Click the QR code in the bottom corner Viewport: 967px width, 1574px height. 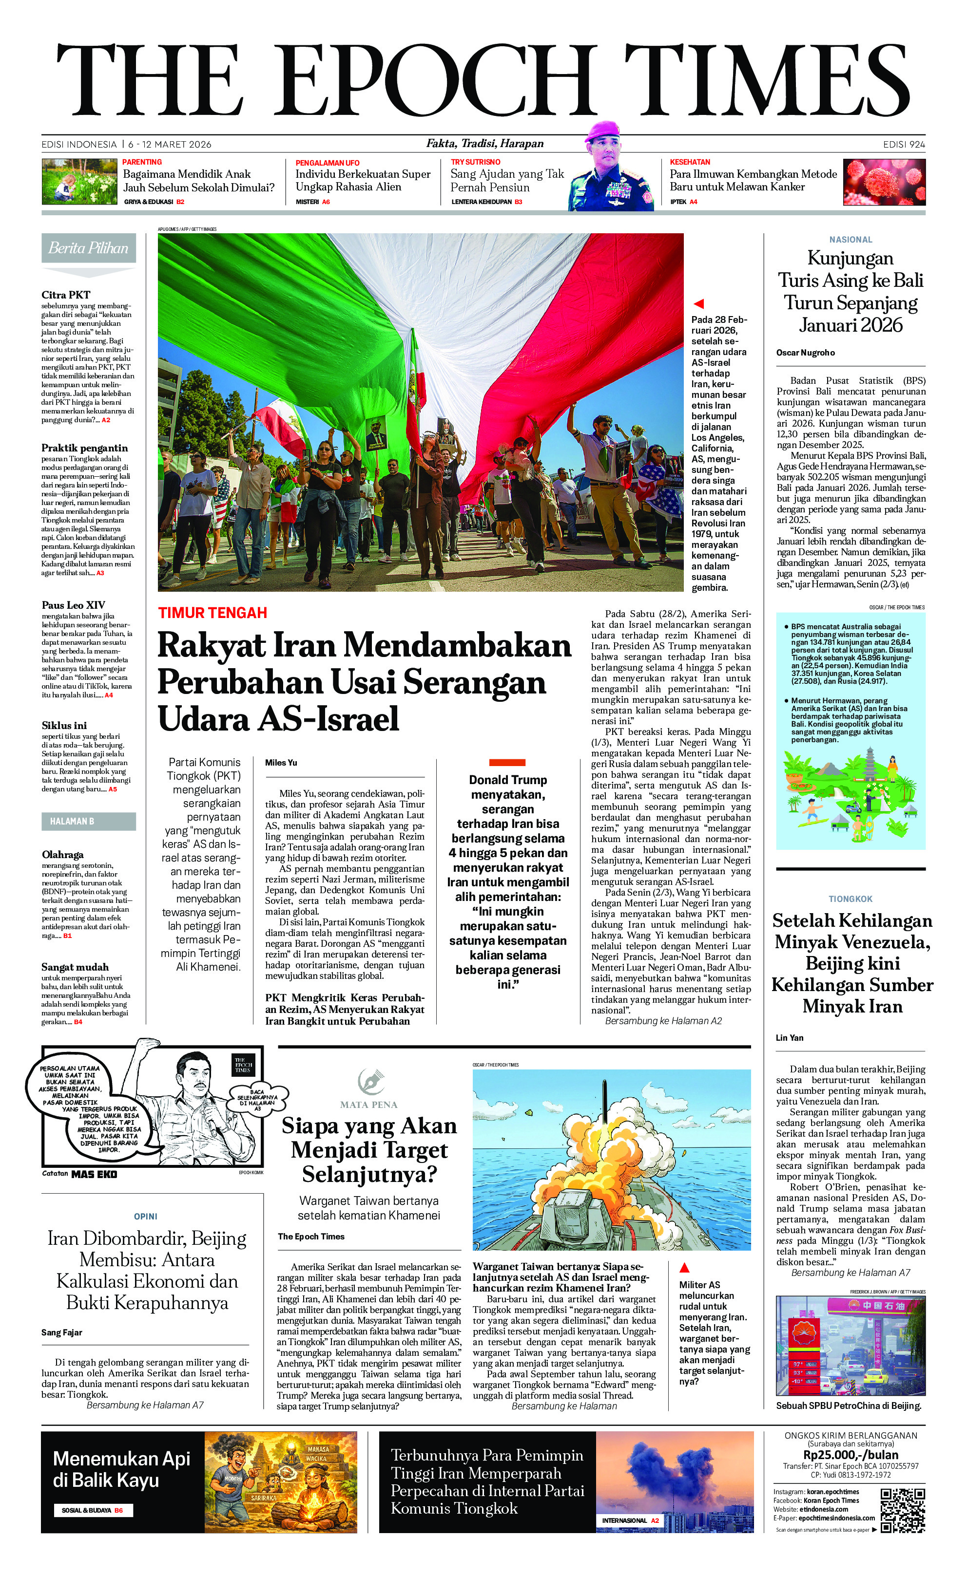pyautogui.click(x=902, y=1511)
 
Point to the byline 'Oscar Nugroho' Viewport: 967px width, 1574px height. pyautogui.click(x=805, y=353)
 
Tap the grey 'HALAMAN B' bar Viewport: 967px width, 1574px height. pyautogui.click(x=89, y=821)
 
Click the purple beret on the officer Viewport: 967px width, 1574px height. pyautogui.click(x=602, y=131)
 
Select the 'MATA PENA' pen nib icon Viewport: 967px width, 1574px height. pyautogui.click(x=368, y=1081)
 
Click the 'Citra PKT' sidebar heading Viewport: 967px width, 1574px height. pyautogui.click(x=66, y=295)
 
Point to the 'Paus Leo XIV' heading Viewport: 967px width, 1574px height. pyautogui.click(x=74, y=605)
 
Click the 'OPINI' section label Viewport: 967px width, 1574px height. pyautogui.click(x=146, y=1217)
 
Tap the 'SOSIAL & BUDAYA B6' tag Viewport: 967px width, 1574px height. pyautogui.click(x=93, y=1511)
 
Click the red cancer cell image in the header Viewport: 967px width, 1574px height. pyautogui.click(x=885, y=183)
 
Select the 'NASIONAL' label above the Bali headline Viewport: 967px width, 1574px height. pyautogui.click(x=851, y=240)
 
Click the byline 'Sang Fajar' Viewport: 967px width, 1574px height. pyautogui.click(x=61, y=1332)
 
